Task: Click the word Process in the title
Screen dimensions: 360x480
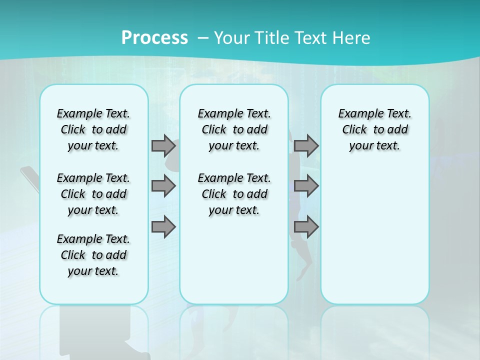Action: tap(154, 37)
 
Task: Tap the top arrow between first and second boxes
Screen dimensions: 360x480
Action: tap(163, 145)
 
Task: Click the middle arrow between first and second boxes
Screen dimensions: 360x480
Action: tap(163, 186)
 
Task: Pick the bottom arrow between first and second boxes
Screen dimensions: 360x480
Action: tap(163, 226)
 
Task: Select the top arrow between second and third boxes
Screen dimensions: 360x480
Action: tap(306, 145)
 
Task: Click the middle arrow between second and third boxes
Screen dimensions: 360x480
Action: tap(306, 186)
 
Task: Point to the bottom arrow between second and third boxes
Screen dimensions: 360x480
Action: tap(306, 226)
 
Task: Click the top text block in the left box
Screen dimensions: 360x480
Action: tap(93, 129)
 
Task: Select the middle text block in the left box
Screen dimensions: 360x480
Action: tap(93, 194)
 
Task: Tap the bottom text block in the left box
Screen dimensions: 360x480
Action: tap(93, 255)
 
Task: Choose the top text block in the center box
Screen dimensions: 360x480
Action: tap(234, 129)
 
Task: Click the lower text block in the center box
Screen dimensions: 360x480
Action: tap(234, 194)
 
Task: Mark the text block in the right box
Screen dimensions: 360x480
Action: tap(375, 129)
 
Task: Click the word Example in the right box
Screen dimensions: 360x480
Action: tap(357, 114)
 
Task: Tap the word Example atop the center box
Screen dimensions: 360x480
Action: tap(216, 114)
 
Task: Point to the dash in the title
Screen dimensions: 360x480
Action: tap(203, 38)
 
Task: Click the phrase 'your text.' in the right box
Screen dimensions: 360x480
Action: tap(375, 146)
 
